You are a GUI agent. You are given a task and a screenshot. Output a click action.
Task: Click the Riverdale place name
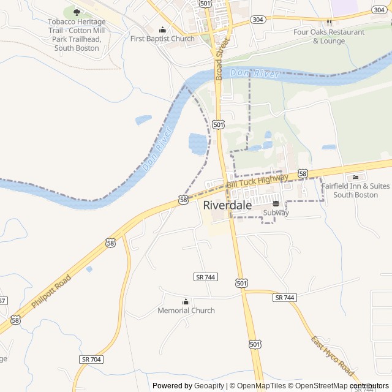[x=227, y=205]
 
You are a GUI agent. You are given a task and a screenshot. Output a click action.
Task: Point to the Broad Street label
[x=222, y=58]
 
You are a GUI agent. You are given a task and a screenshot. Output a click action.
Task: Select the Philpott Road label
[x=51, y=291]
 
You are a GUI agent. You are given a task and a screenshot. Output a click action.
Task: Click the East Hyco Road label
[x=332, y=356]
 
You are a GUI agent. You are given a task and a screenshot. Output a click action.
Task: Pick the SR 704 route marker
[x=91, y=359]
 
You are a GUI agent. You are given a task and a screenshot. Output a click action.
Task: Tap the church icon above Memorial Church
[x=186, y=301]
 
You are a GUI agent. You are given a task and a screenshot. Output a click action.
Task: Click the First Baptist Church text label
[x=162, y=39]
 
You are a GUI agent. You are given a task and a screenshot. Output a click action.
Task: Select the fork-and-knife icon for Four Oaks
[x=329, y=22]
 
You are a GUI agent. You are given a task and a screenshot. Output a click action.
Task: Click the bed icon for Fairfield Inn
[x=356, y=177]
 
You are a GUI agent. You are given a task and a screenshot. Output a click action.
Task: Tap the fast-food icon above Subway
[x=276, y=203]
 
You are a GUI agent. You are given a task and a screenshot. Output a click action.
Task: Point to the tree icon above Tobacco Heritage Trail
[x=77, y=12]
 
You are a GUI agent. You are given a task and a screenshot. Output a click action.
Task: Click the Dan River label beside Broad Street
[x=255, y=73]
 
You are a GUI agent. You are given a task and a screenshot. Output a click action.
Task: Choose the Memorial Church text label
[x=186, y=311]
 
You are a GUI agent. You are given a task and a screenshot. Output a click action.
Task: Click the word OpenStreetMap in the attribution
[x=318, y=386]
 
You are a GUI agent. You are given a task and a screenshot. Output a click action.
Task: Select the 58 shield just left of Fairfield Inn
[x=303, y=174]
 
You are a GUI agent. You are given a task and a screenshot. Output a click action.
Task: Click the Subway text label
[x=276, y=213]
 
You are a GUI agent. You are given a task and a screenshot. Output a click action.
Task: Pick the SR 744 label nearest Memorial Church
[x=206, y=277]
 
